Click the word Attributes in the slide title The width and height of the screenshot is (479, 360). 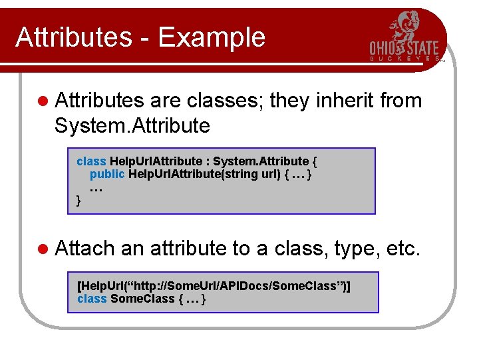coord(74,37)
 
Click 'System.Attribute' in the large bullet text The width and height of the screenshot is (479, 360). coord(132,125)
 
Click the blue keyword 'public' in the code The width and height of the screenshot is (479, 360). coord(107,174)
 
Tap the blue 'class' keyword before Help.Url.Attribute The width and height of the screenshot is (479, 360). coord(91,161)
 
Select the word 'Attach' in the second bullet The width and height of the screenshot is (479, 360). coord(85,249)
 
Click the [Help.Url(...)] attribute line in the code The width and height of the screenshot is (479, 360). coord(214,285)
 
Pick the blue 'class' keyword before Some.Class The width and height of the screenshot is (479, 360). coord(92,299)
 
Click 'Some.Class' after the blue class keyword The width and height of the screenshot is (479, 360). coord(142,299)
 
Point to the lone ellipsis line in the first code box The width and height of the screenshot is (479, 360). coord(96,187)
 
